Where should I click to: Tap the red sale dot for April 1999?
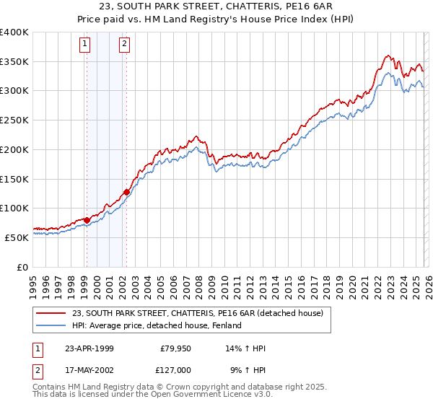coord(87,220)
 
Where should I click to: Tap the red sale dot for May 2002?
coord(126,192)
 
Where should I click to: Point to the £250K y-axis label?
coord(14,120)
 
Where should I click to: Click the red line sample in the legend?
coord(51,313)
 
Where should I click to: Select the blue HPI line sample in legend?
coord(51,325)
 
